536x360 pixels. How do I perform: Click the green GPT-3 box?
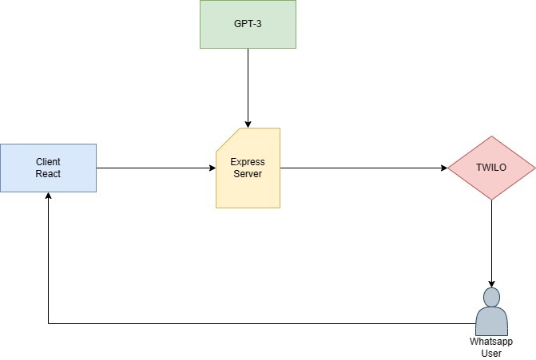[x=248, y=24]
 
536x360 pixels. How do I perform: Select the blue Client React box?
[x=48, y=168]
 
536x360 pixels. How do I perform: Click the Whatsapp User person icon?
[x=490, y=313]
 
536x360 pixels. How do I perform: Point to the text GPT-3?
[x=248, y=24]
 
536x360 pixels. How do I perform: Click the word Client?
[x=48, y=161]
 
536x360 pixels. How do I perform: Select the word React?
[x=48, y=174]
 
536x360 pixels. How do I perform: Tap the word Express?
[x=248, y=161]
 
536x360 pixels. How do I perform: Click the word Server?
[x=248, y=174]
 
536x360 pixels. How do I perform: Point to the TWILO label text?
[x=490, y=168]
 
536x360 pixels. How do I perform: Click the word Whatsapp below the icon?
[x=490, y=341]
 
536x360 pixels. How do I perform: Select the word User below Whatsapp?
[x=490, y=352]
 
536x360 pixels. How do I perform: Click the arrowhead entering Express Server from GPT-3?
[x=248, y=124]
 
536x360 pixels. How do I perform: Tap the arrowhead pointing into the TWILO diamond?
[x=443, y=168]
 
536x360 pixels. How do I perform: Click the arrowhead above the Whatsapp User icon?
[x=490, y=283]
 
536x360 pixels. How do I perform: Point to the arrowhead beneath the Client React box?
[x=48, y=196]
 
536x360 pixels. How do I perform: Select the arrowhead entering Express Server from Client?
[x=212, y=168]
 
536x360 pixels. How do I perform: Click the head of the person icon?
[x=490, y=297]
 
